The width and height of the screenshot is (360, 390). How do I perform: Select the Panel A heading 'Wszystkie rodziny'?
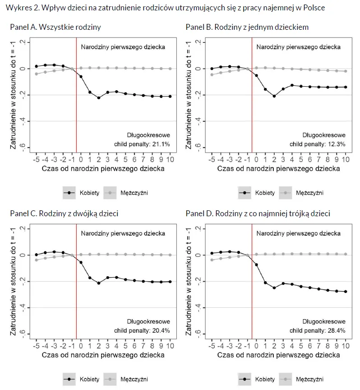[x=55, y=28]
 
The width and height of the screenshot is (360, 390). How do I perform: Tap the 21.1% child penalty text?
[x=141, y=144]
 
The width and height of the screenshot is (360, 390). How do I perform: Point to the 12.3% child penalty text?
[x=317, y=144]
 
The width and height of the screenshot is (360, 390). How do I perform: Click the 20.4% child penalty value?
[x=141, y=330]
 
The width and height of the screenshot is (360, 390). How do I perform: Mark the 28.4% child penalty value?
[x=317, y=330]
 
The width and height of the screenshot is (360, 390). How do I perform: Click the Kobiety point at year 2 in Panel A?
[x=99, y=97]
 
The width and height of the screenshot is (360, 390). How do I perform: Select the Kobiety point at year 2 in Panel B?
[x=274, y=96]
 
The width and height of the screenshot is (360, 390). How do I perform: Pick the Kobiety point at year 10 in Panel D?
[x=346, y=292]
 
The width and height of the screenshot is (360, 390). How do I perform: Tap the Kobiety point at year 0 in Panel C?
[x=81, y=262]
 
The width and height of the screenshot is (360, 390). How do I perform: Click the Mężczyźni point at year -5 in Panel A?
[x=37, y=74]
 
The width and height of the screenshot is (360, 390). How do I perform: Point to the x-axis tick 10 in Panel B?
[x=346, y=160]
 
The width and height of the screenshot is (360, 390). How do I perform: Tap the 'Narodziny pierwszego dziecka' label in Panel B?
[x=298, y=46]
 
